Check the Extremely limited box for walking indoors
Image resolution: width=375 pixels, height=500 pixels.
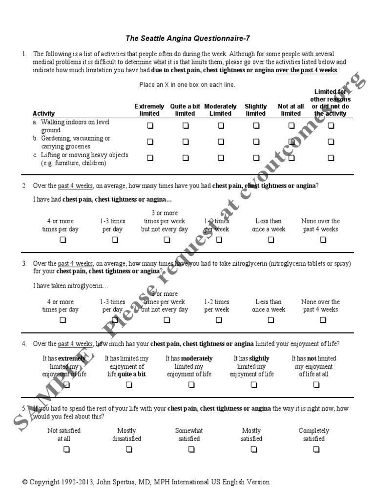150,125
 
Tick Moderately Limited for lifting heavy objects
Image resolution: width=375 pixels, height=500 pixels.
221,158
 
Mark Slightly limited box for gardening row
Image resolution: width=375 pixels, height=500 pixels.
256,142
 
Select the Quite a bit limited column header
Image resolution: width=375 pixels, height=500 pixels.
186,110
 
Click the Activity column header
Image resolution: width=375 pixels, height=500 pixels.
44,113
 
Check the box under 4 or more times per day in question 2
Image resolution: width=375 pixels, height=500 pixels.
63,240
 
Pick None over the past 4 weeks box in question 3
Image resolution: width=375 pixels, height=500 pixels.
323,320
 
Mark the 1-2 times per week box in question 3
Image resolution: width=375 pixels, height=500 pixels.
219,320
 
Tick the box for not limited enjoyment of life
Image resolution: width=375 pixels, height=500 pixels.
316,385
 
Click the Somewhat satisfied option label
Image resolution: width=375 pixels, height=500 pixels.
189,435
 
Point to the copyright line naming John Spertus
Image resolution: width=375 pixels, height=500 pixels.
146,482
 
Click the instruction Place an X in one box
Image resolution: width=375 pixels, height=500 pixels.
187,84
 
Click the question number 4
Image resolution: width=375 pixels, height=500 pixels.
24,344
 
